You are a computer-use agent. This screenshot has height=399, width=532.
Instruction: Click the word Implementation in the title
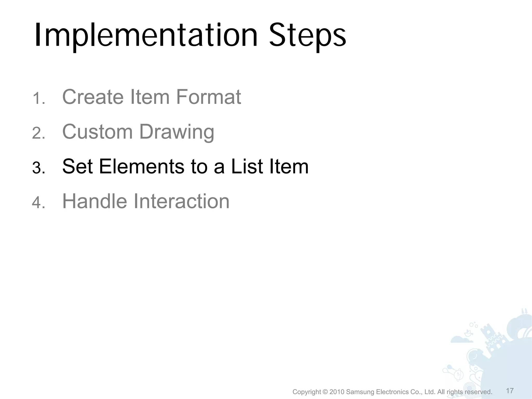pyautogui.click(x=145, y=36)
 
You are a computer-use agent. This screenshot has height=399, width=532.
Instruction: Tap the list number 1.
pyautogui.click(x=38, y=99)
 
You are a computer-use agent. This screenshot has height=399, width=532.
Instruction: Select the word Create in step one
pyautogui.click(x=93, y=97)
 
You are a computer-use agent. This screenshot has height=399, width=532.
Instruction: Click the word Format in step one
pyautogui.click(x=209, y=97)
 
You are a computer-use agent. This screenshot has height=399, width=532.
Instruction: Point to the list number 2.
pyautogui.click(x=38, y=134)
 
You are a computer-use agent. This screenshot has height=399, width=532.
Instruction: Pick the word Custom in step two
pyautogui.click(x=97, y=132)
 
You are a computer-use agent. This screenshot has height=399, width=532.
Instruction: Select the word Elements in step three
pyautogui.click(x=142, y=166)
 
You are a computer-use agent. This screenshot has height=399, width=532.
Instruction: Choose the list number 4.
pyautogui.click(x=38, y=203)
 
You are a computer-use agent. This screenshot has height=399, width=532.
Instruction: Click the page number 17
pyautogui.click(x=510, y=391)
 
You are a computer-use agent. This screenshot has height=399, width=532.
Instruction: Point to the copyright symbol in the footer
pyautogui.click(x=325, y=392)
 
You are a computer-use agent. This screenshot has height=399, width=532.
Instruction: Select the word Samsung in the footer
pyautogui.click(x=360, y=392)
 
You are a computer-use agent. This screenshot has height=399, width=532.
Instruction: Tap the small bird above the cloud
pyautogui.click(x=467, y=333)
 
